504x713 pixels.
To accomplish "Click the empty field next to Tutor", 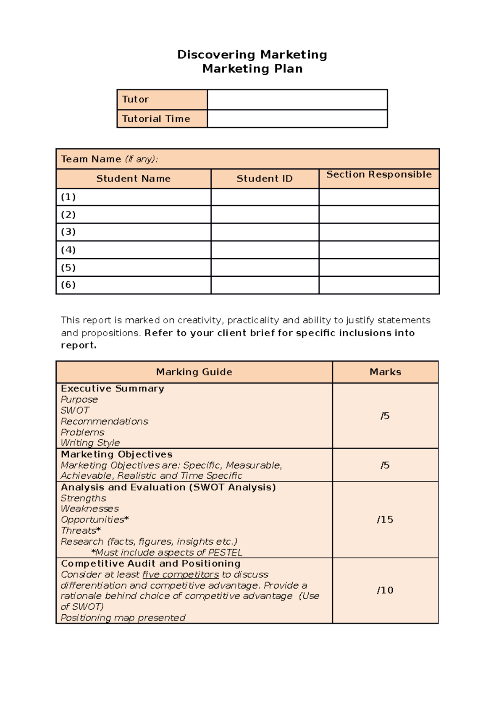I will (x=297, y=100).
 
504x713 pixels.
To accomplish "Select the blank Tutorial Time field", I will (x=297, y=119).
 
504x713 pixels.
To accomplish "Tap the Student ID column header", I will (x=265, y=179).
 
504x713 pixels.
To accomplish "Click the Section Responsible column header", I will (x=379, y=175).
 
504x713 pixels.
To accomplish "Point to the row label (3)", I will (x=68, y=232).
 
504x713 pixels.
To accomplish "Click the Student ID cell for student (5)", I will (x=265, y=267).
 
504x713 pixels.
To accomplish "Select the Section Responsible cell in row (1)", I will (x=379, y=197).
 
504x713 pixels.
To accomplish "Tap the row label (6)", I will (x=68, y=285).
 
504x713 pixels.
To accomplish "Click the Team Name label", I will (x=91, y=159).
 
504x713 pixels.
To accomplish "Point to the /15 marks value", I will (x=385, y=520).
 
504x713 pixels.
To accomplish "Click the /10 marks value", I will (x=385, y=590).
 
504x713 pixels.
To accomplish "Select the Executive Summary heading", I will (x=112, y=388).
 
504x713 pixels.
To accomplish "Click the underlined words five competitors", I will (x=181, y=574).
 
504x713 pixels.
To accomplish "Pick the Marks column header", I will (x=385, y=372).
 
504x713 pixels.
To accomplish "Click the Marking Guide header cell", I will (x=194, y=372).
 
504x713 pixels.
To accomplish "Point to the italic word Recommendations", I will (x=104, y=421).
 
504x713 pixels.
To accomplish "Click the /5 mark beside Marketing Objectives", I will (x=385, y=465).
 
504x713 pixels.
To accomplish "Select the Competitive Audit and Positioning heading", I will (x=150, y=564).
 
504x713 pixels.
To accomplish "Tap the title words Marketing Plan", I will (x=252, y=69).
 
